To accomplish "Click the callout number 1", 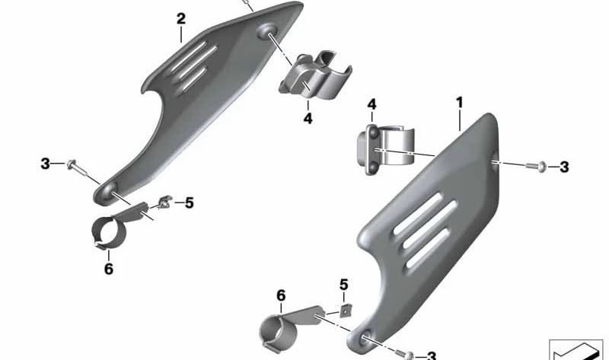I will coord(459,100).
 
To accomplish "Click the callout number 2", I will coord(180,17).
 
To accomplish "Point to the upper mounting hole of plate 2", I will coord(269,31).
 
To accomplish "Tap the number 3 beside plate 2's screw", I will coord(45,164).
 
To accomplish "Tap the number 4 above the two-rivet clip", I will coord(371,104).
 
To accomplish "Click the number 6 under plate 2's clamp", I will coord(108,269).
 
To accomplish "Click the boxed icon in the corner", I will coord(576,349).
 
